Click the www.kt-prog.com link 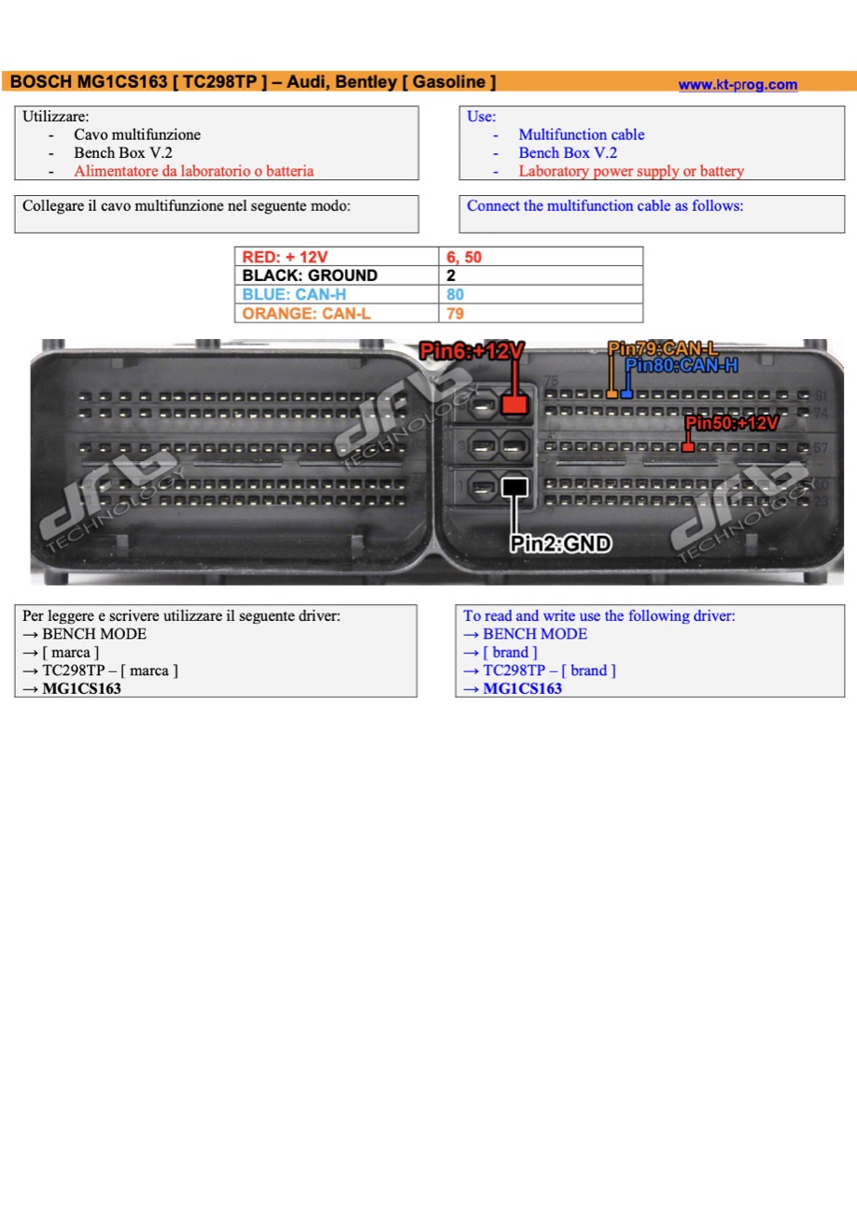point(738,85)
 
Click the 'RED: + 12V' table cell point(336,257)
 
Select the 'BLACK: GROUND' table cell point(336,275)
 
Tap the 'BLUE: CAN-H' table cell point(336,294)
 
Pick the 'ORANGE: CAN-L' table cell point(336,313)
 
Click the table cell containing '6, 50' point(541,257)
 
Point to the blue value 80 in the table point(455,294)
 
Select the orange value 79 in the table point(455,313)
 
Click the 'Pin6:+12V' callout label point(471,350)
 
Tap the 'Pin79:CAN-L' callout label point(663,348)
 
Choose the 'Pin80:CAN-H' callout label point(681,365)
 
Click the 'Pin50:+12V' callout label point(732,423)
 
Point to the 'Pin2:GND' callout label point(561,543)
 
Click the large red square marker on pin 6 point(514,403)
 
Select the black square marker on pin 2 point(514,487)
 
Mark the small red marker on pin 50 point(688,447)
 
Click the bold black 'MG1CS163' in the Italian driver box point(82,688)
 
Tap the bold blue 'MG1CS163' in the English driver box point(522,688)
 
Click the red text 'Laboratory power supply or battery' point(631,171)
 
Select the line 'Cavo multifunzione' point(137,134)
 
